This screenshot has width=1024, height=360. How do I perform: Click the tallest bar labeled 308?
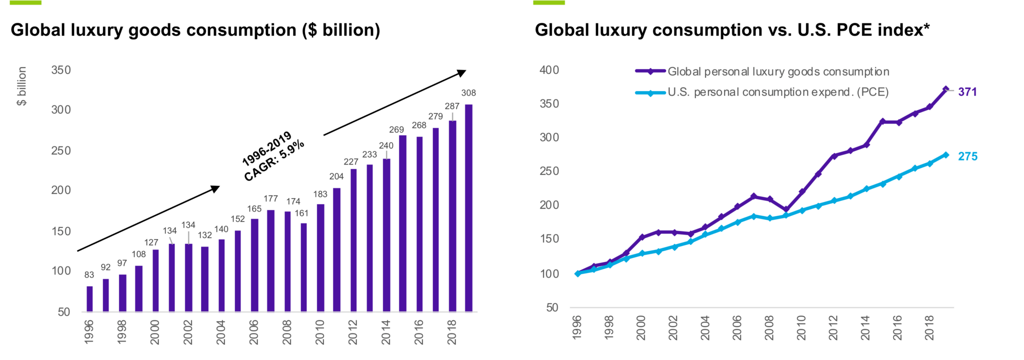[x=468, y=207]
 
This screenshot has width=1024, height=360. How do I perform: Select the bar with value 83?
[x=89, y=298]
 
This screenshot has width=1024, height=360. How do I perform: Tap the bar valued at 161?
[x=303, y=267]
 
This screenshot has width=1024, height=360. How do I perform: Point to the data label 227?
[x=350, y=161]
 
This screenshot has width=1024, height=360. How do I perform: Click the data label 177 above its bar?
[x=270, y=198]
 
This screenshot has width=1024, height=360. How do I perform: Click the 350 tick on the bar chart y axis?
[x=61, y=69]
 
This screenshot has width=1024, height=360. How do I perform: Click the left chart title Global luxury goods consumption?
[x=195, y=30]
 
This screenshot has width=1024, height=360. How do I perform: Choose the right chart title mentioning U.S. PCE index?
[x=732, y=30]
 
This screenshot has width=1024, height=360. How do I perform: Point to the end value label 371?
[x=967, y=92]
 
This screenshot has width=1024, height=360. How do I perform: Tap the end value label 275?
[x=967, y=156]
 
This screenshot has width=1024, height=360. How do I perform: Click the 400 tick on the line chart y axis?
[x=549, y=70]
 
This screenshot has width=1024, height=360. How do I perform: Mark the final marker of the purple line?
[x=945, y=89]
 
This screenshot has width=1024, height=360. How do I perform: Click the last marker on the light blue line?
[x=945, y=155]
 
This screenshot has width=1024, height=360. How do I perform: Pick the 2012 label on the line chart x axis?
[x=833, y=328]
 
